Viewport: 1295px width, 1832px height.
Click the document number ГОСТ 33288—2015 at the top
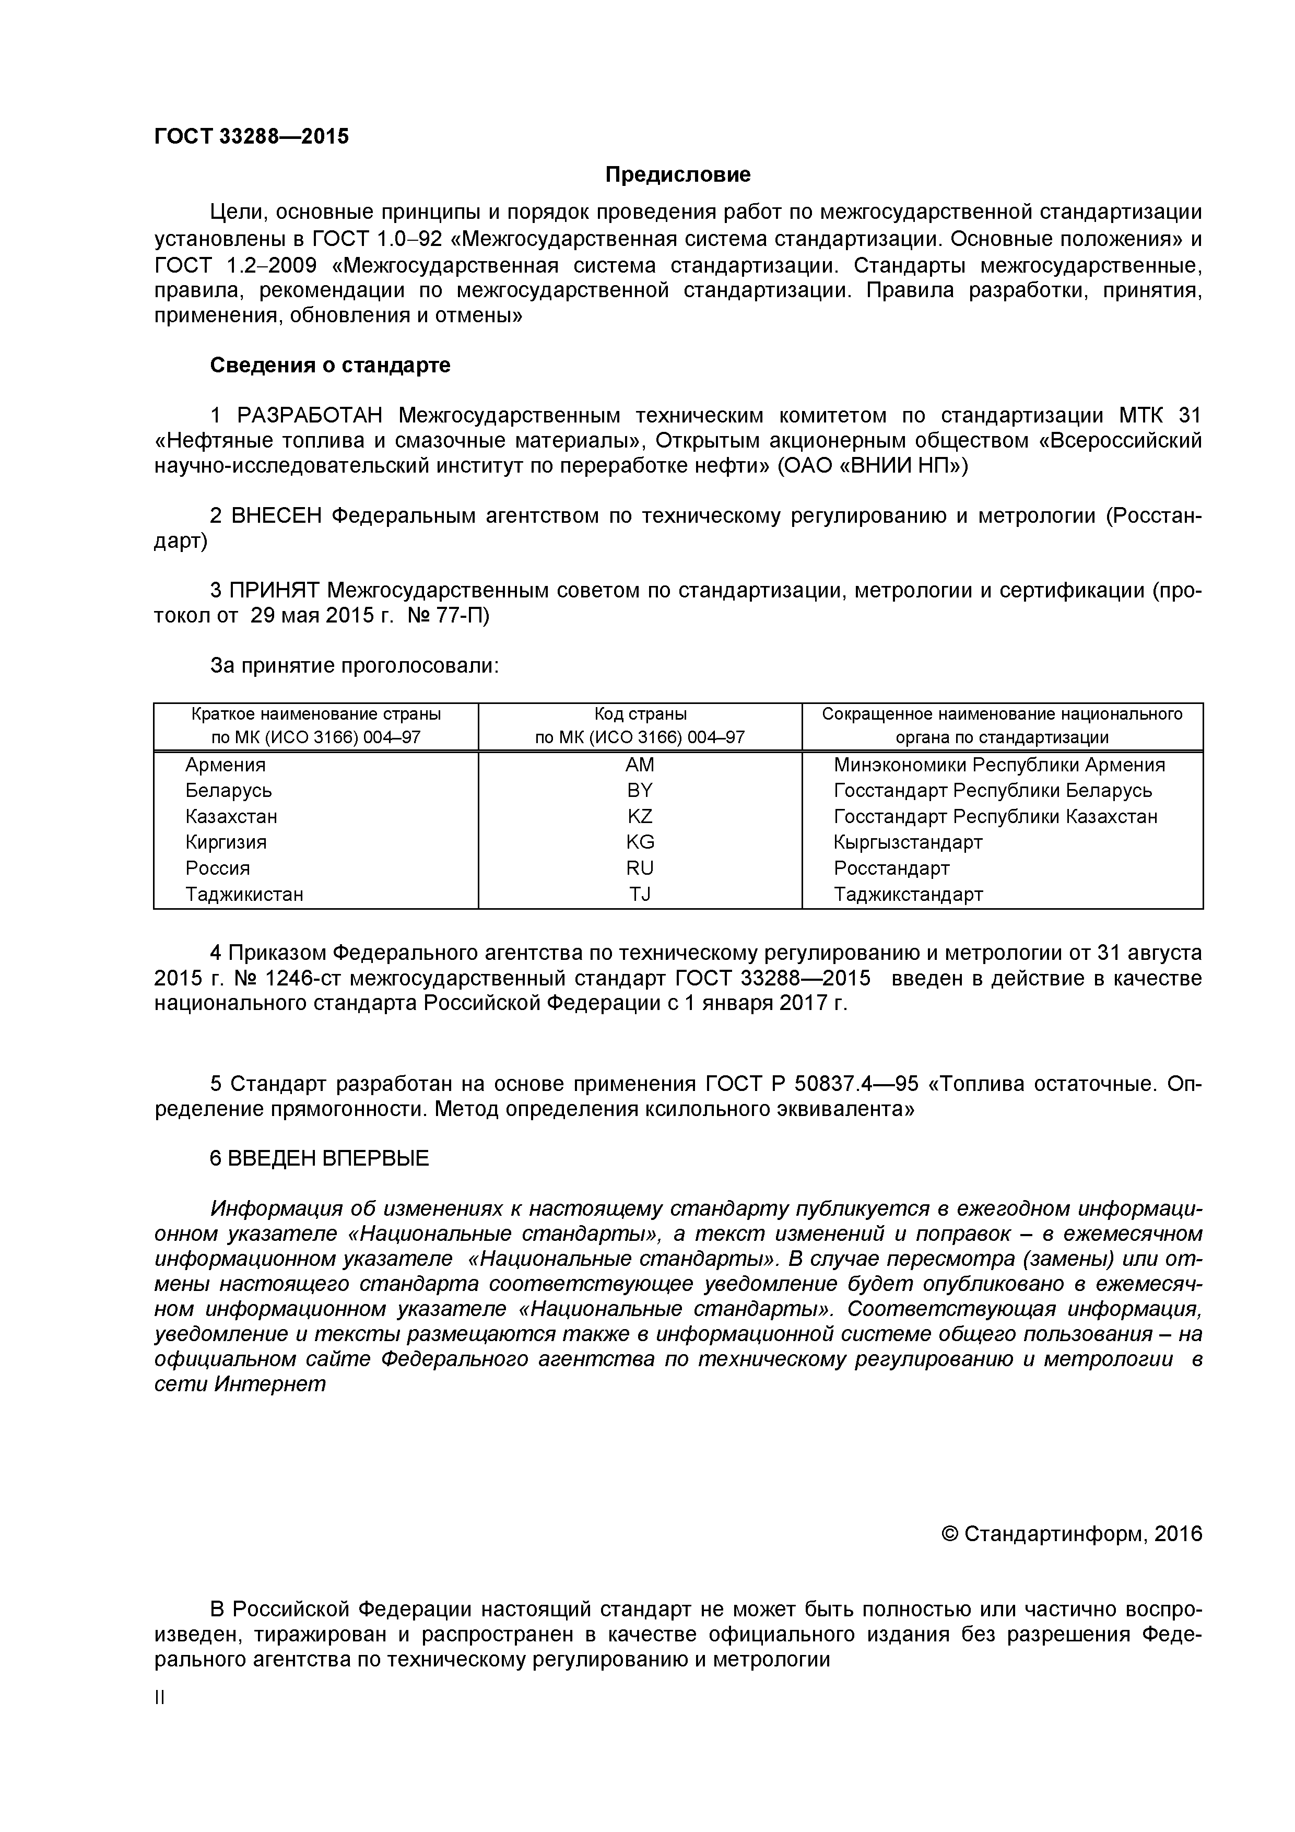(x=251, y=136)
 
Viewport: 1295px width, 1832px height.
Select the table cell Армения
(x=225, y=765)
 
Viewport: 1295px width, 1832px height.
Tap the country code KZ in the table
(x=639, y=816)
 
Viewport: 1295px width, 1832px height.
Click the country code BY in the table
(x=639, y=791)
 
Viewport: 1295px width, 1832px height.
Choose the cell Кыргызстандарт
(x=908, y=842)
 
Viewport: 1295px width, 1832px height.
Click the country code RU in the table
(x=639, y=868)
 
